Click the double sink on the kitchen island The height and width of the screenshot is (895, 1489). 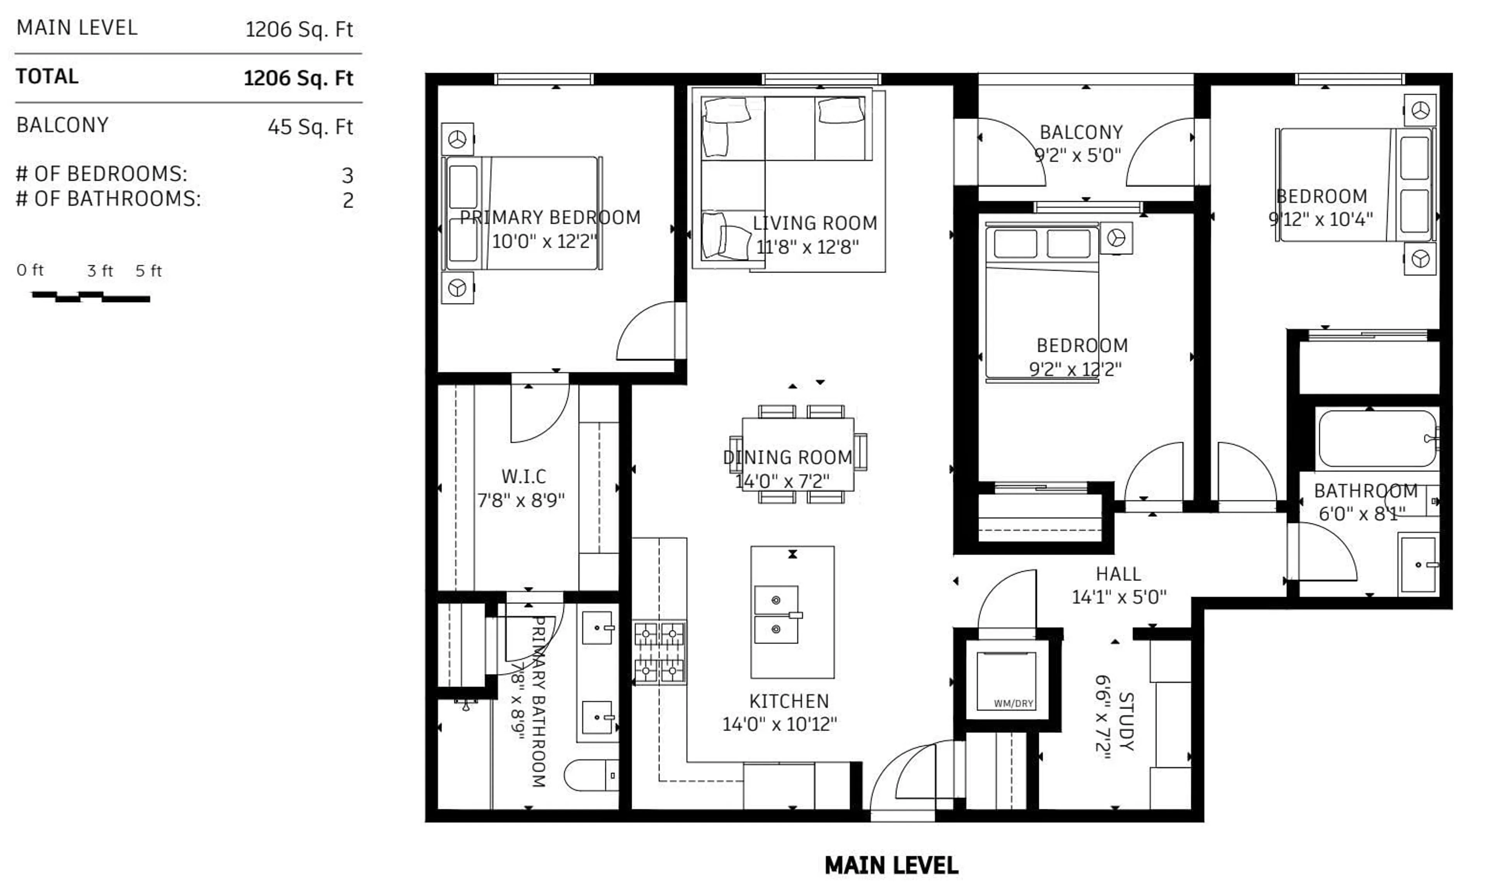tap(776, 614)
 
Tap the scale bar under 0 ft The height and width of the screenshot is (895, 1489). tap(90, 297)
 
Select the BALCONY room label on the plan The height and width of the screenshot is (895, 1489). tap(1081, 132)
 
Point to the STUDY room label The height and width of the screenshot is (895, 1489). tap(1126, 721)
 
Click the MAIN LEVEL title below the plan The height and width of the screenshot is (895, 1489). tap(891, 866)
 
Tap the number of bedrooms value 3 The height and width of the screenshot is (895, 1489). tap(347, 175)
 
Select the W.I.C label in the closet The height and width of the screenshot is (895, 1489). tap(523, 476)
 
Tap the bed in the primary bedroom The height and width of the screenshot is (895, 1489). tap(523, 212)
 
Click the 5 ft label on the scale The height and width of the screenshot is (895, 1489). tap(148, 271)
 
